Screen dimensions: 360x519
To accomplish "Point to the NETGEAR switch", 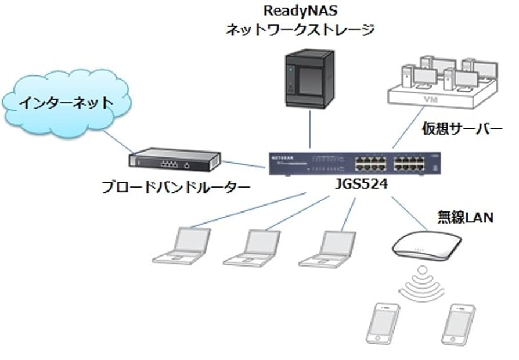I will (355, 163).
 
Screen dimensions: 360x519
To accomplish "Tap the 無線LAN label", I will (465, 218).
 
